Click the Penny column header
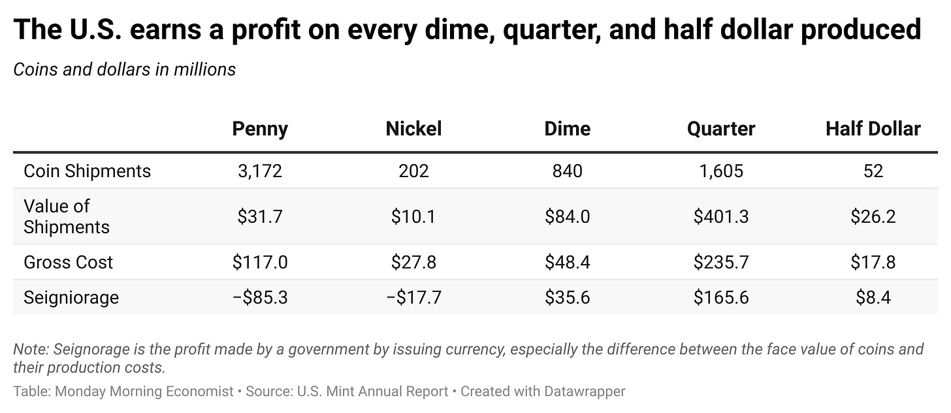pyautogui.click(x=260, y=129)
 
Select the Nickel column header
pyautogui.click(x=413, y=129)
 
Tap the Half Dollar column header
pyautogui.click(x=873, y=129)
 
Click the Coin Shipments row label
pyautogui.click(x=87, y=171)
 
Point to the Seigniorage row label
pyautogui.click(x=71, y=298)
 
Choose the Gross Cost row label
pyautogui.click(x=68, y=263)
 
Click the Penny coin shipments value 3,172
pyautogui.click(x=260, y=171)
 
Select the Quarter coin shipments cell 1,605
pyautogui.click(x=721, y=171)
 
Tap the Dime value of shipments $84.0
pyautogui.click(x=567, y=217)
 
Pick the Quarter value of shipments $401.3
pyautogui.click(x=721, y=217)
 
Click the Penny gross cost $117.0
pyautogui.click(x=260, y=263)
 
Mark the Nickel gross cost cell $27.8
pyautogui.click(x=413, y=263)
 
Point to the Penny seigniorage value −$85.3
pyautogui.click(x=260, y=298)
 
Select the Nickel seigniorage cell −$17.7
pyautogui.click(x=413, y=298)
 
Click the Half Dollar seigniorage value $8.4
pyautogui.click(x=873, y=298)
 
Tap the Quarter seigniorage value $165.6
pyautogui.click(x=721, y=298)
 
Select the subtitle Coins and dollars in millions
pyautogui.click(x=124, y=69)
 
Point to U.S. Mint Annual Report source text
pyautogui.click(x=372, y=391)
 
